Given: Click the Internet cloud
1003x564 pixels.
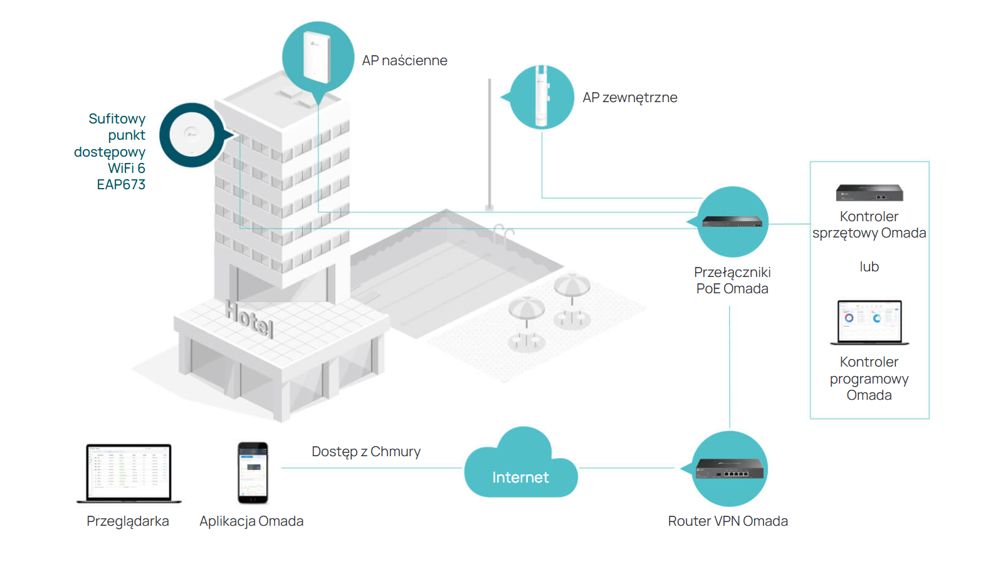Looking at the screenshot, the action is tap(521, 463).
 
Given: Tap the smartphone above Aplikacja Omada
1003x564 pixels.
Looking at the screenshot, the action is tap(253, 473).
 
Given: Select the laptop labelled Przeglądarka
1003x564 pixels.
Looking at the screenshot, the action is tap(129, 474).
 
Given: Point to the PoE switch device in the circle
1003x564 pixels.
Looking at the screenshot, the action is tap(732, 222).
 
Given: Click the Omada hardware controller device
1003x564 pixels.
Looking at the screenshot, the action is tap(869, 192).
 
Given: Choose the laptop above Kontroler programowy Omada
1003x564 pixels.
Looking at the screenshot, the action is tap(869, 322).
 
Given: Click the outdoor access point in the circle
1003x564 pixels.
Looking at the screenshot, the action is tap(542, 96).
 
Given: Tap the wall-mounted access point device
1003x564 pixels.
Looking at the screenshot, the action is tap(317, 56).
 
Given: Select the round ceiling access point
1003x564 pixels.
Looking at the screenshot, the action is tap(192, 135).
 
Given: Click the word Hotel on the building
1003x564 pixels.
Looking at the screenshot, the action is tap(249, 318).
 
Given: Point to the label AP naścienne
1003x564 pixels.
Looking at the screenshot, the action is tap(404, 60).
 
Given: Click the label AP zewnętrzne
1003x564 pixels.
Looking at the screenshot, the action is tap(629, 98).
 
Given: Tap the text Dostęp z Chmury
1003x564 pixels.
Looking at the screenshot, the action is tap(366, 452).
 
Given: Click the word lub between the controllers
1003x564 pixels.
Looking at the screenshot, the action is tap(869, 267).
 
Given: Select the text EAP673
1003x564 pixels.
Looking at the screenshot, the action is tap(121, 184).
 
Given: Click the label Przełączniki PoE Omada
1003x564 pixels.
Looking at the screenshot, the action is tap(732, 280).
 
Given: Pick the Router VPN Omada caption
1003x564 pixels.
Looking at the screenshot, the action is tap(728, 521).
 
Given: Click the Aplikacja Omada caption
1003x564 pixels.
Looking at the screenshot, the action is tap(251, 521).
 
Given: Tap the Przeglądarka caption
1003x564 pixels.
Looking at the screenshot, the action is tap(128, 521).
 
